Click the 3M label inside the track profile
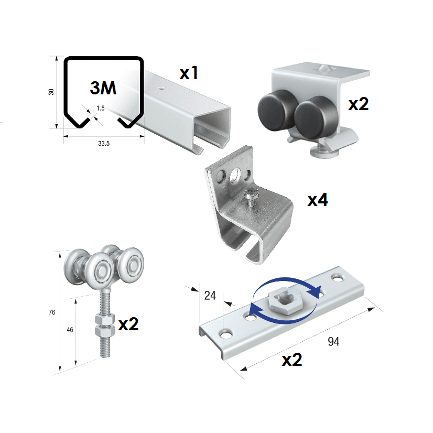103,88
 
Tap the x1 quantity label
189,73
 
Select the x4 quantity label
318,200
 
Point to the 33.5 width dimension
104,143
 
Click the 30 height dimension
51,92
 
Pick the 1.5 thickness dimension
101,108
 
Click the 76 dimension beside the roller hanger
52,312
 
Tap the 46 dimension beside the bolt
70,329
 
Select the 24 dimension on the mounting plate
210,296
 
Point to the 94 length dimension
333,342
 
